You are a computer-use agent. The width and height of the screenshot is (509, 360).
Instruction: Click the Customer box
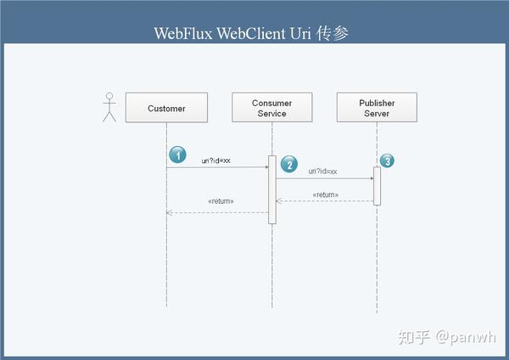click(x=166, y=108)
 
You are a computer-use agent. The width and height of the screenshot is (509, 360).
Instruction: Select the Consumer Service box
click(x=271, y=108)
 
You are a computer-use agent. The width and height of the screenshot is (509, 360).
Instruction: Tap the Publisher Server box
click(x=377, y=108)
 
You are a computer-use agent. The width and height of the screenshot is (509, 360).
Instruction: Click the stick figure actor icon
click(x=109, y=107)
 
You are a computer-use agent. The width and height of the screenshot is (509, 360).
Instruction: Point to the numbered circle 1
click(x=177, y=155)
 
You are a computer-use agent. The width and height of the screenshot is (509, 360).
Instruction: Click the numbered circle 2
click(x=289, y=163)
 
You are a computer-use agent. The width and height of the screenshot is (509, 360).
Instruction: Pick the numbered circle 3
click(x=386, y=160)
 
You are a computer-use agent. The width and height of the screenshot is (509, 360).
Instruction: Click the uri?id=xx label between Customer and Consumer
click(x=216, y=160)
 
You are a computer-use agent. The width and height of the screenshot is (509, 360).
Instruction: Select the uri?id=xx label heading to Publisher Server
click(x=322, y=172)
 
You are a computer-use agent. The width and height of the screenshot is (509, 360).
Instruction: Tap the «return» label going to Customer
click(x=221, y=201)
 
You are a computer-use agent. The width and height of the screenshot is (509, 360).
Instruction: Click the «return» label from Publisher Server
click(x=325, y=194)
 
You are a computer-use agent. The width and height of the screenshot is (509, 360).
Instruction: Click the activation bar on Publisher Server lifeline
click(x=377, y=185)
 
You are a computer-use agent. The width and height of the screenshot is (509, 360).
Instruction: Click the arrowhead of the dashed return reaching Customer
click(x=170, y=212)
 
